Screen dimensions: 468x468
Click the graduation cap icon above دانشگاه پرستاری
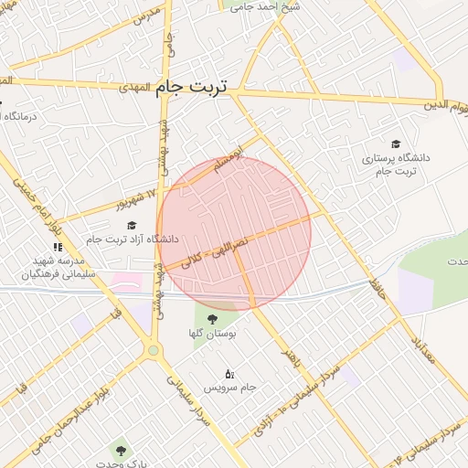[x=396, y=144]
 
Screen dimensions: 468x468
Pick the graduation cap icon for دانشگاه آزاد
[x=132, y=225]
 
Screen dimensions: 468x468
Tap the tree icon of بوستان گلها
[x=212, y=319]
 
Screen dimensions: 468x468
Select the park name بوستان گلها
[x=218, y=335]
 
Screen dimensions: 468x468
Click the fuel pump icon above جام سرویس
[x=229, y=373]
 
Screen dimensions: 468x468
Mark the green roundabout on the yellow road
[x=153, y=350]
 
